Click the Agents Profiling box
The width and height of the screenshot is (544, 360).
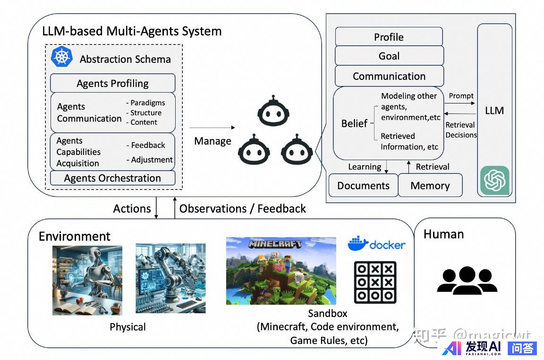[113, 84]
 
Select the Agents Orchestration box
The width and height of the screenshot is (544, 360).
[113, 178]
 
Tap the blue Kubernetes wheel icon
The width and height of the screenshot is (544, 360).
[61, 57]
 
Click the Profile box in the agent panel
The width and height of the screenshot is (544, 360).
[389, 37]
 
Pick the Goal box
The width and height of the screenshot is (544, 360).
[389, 56]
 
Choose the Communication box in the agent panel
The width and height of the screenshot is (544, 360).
[389, 76]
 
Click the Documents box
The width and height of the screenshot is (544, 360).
[363, 186]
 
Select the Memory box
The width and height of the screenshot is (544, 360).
[430, 186]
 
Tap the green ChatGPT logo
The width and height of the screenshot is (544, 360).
[495, 180]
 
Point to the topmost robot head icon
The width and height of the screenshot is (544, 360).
[272, 112]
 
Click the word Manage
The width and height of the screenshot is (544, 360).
[213, 141]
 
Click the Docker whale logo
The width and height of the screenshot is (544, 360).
[358, 243]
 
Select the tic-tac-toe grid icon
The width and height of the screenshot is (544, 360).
[375, 282]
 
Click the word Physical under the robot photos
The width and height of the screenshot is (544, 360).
[127, 327]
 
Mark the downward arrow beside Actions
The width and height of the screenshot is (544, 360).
[157, 208]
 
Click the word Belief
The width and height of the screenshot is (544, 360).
[354, 124]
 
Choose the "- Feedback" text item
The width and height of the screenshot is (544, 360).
[145, 145]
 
